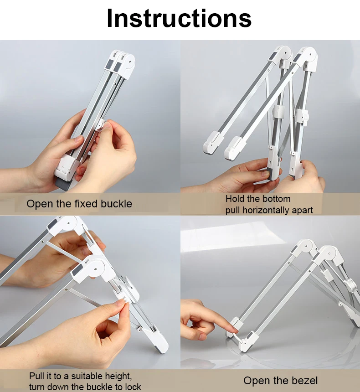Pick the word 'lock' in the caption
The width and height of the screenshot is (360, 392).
tap(133, 387)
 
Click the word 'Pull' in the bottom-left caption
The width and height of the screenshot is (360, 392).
tap(37, 377)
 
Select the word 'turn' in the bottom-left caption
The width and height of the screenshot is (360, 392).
tap(37, 387)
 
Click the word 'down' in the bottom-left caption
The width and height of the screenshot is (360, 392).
tap(58, 387)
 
